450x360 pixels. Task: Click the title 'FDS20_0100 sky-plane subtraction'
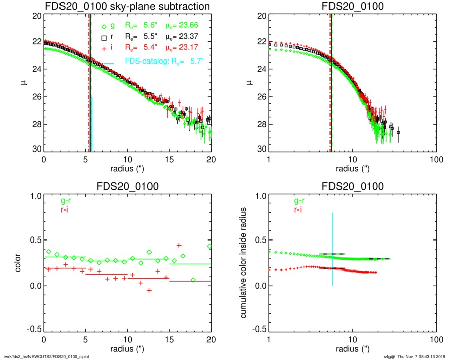click(127, 7)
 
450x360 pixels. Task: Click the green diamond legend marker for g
click(104, 27)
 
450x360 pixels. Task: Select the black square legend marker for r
click(104, 37)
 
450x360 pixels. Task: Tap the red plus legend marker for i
click(104, 47)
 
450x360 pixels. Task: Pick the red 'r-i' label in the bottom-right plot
click(294, 209)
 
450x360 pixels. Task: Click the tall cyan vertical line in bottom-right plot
click(333, 249)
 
